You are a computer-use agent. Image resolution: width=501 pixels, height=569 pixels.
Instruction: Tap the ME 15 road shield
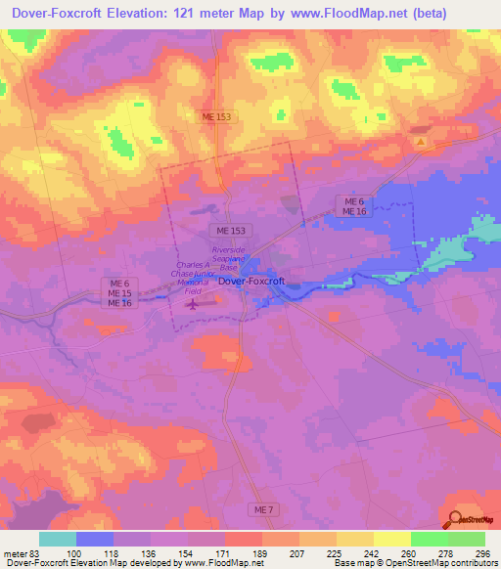click(119, 293)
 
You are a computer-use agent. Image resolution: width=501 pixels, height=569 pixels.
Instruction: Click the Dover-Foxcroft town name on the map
click(251, 282)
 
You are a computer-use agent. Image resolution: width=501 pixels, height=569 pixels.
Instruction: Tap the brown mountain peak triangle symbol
click(421, 143)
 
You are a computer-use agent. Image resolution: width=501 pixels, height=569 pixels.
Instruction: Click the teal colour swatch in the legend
click(57, 539)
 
